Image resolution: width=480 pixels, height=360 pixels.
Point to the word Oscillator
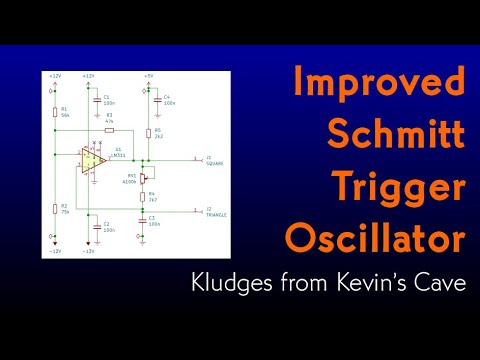[375, 239]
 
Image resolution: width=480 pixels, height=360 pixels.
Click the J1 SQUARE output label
[213, 159]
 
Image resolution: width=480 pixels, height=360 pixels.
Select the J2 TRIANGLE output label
[215, 211]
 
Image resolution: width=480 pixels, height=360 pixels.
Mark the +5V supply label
[148, 75]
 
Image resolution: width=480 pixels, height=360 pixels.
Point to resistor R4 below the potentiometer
[147, 198]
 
